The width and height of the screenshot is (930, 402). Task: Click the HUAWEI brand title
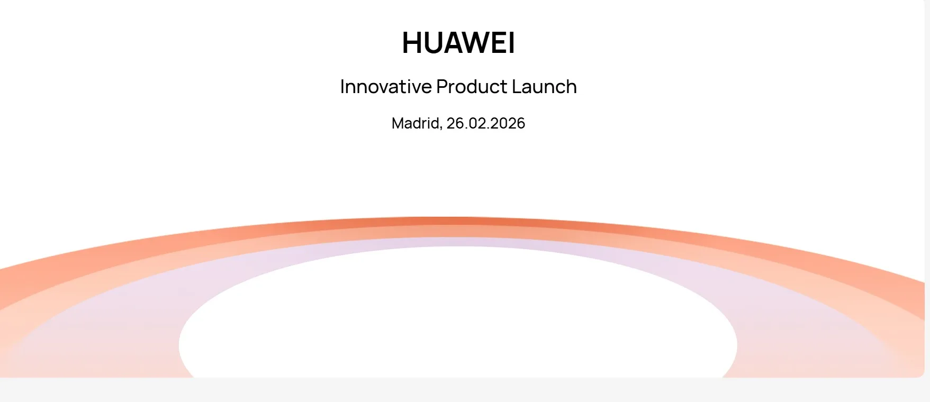pyautogui.click(x=458, y=42)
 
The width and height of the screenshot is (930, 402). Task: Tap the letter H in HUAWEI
pyautogui.click(x=412, y=42)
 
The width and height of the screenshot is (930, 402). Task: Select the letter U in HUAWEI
pyautogui.click(x=435, y=42)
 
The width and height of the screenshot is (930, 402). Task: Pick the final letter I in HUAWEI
pyautogui.click(x=511, y=42)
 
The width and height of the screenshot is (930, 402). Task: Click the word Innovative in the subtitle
pyautogui.click(x=386, y=87)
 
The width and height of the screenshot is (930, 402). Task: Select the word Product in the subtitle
pyautogui.click(x=472, y=87)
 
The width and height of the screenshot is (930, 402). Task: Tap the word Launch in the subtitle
pyautogui.click(x=544, y=87)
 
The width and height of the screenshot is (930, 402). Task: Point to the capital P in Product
pyautogui.click(x=442, y=87)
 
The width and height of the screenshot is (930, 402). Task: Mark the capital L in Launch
pyautogui.click(x=516, y=87)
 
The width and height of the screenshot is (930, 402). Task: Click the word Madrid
pyautogui.click(x=416, y=123)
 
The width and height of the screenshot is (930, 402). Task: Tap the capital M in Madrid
pyautogui.click(x=398, y=123)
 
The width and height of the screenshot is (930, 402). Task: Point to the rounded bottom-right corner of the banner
pyautogui.click(x=922, y=375)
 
